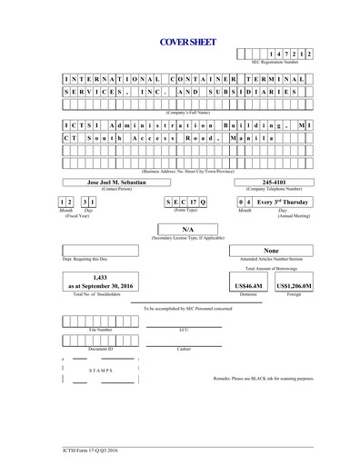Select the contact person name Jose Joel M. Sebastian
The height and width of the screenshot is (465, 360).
pos(115,182)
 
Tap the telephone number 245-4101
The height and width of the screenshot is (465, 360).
pos(274,182)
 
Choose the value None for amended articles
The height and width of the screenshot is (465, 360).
pos(271,250)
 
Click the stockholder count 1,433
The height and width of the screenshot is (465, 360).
pos(102,276)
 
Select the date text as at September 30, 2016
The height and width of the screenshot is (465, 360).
pos(102,286)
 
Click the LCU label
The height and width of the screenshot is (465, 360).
pos(184,330)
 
